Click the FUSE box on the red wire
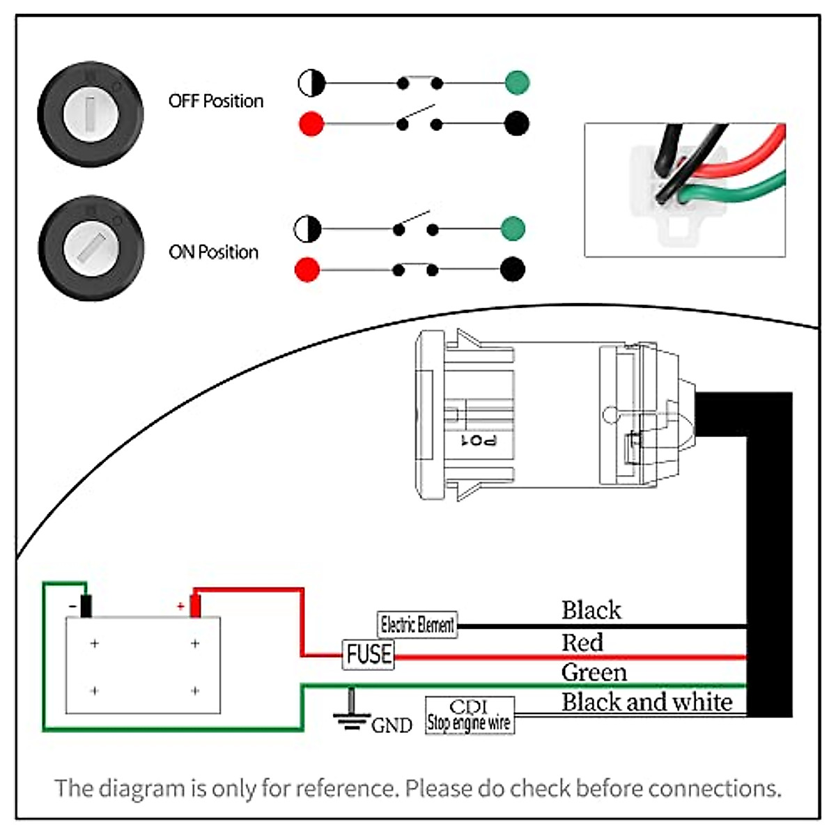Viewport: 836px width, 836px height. tap(369, 655)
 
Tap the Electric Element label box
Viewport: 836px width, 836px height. tap(417, 624)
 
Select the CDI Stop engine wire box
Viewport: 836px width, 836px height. tap(470, 715)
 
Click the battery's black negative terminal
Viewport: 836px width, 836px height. tap(86, 605)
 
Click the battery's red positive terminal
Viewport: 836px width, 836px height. tap(195, 605)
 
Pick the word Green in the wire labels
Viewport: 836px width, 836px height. tap(594, 672)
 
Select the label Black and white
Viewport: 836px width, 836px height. tap(647, 702)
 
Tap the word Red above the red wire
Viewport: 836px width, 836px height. tap(582, 642)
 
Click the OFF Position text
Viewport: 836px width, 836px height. tap(216, 101)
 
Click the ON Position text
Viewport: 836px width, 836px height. tap(213, 252)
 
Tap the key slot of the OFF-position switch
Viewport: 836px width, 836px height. tap(91, 114)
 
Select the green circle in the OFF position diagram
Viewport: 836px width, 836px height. tap(518, 82)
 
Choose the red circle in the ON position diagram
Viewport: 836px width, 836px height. tap(307, 270)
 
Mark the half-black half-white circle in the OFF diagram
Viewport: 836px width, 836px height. tap(311, 84)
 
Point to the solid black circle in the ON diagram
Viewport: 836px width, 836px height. tap(513, 269)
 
